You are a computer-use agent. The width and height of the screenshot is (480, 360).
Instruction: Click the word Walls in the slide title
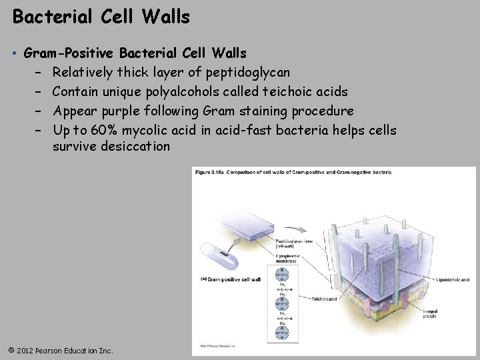click(x=166, y=16)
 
